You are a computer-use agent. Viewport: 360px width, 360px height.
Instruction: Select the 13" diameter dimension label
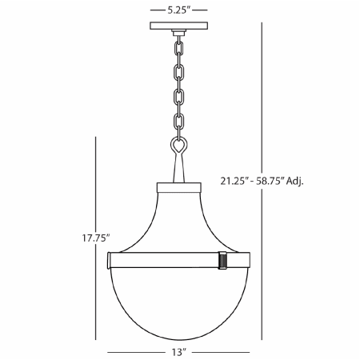click(180, 350)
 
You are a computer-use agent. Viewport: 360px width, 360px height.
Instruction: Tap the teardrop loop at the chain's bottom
click(180, 146)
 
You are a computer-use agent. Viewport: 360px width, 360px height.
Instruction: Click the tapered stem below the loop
click(180, 170)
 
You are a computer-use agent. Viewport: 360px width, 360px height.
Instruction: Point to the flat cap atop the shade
click(180, 188)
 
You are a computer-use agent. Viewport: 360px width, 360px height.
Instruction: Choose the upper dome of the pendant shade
click(180, 220)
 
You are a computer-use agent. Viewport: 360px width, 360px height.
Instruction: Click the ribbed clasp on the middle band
click(222, 260)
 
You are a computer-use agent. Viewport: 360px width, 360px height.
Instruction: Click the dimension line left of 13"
click(136, 350)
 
